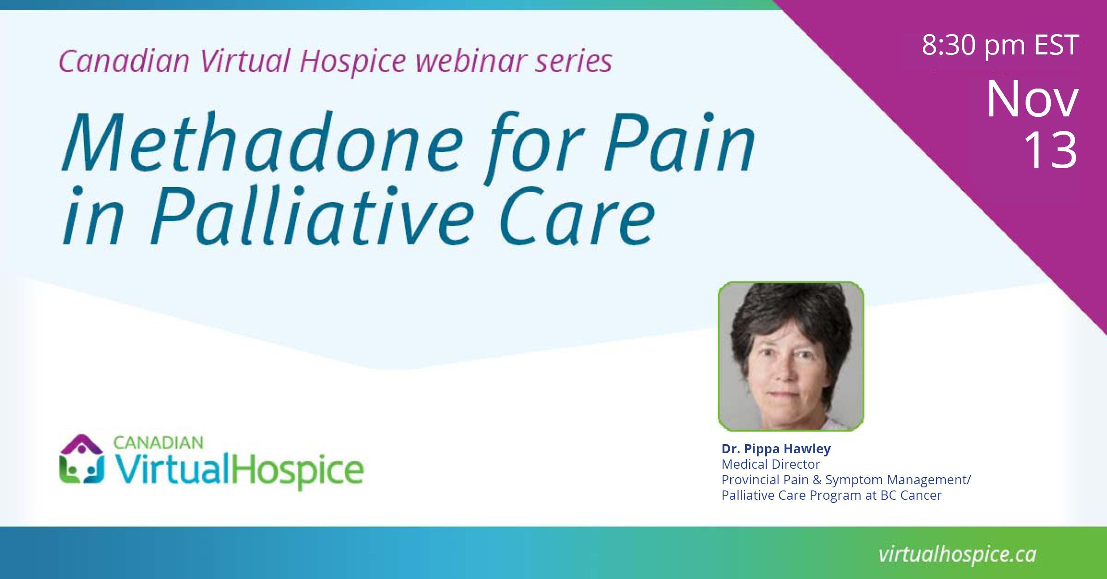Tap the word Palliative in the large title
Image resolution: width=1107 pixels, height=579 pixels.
click(310, 215)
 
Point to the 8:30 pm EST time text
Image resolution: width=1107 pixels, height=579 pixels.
click(1000, 45)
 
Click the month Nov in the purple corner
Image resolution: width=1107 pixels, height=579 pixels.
click(1032, 99)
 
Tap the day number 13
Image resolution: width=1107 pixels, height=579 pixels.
click(1050, 150)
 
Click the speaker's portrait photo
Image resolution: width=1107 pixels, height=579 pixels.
click(790, 356)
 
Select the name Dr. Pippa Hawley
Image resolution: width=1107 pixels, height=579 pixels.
click(776, 449)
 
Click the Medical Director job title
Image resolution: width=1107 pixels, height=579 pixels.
click(771, 464)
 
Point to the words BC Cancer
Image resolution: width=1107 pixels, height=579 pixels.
click(911, 495)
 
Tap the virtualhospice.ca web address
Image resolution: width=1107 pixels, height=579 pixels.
click(957, 555)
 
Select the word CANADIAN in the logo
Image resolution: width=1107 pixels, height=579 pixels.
click(158, 442)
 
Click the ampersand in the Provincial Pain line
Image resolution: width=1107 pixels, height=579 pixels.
click(817, 480)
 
